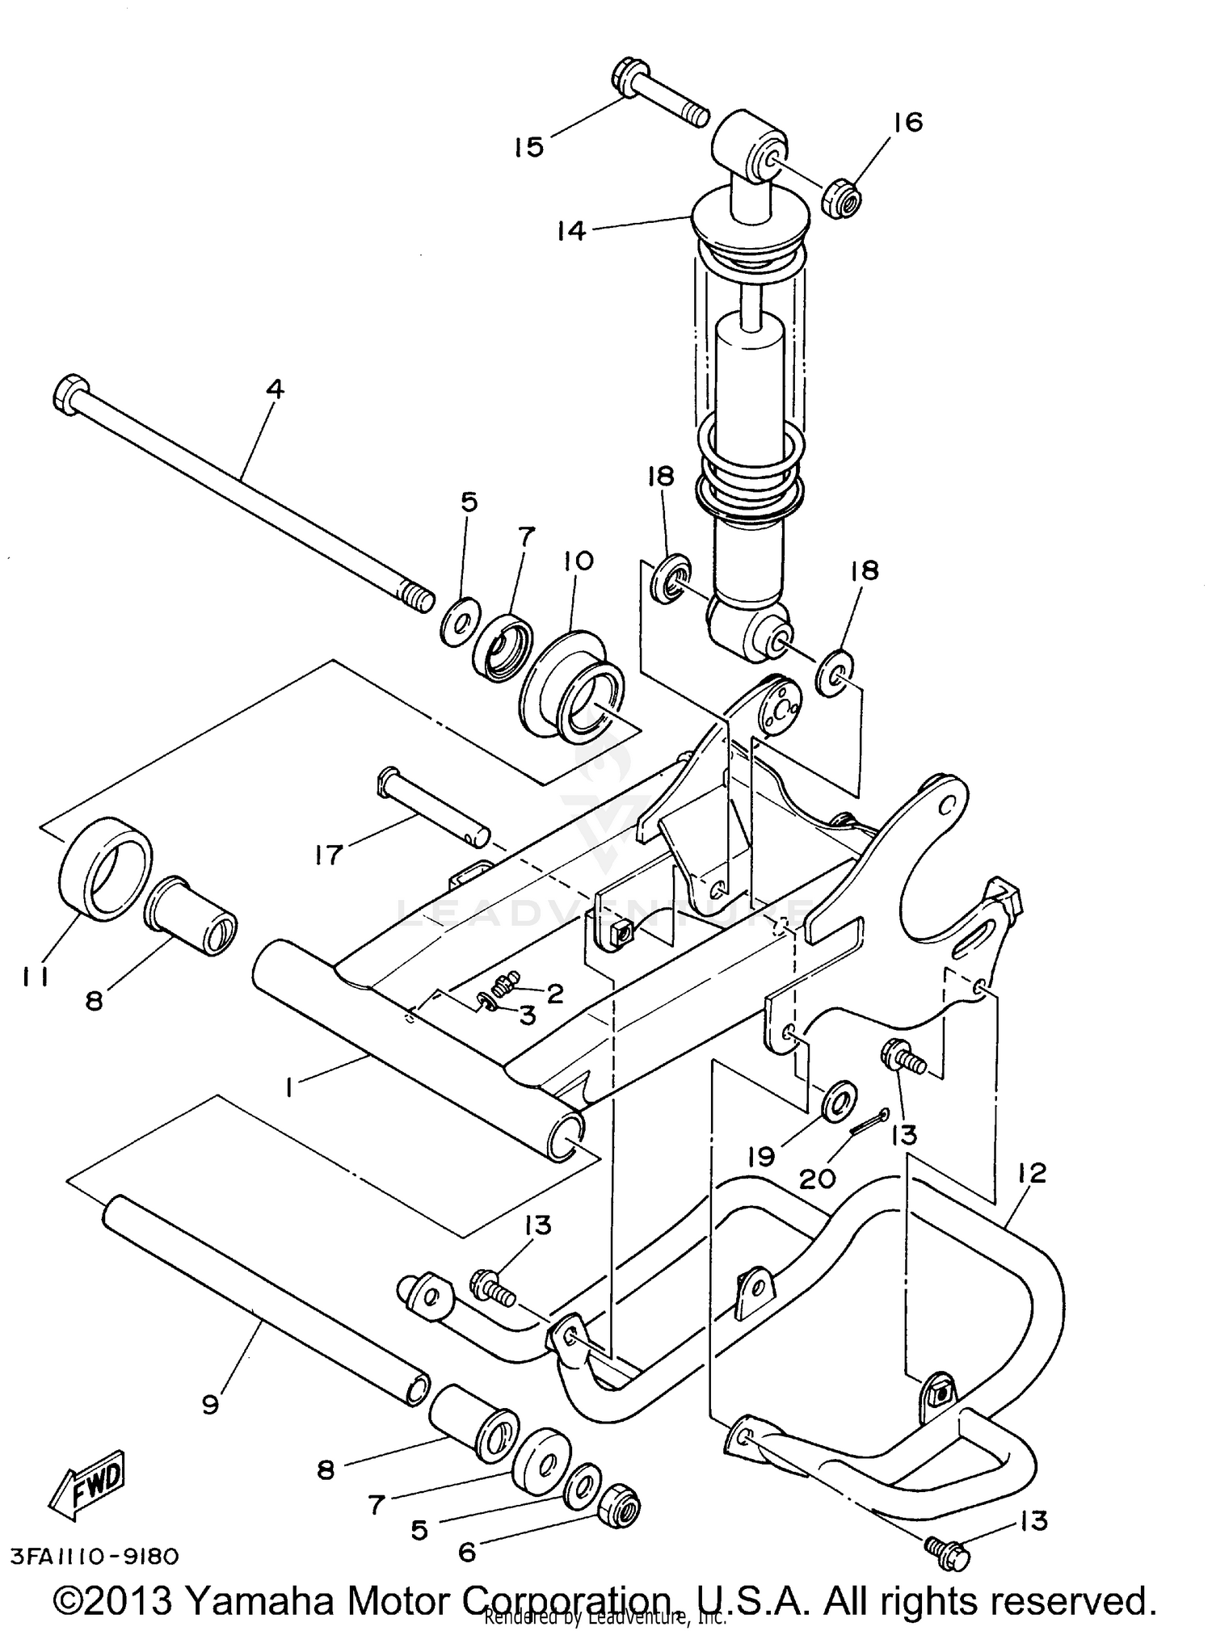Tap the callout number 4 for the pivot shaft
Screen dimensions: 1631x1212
[275, 389]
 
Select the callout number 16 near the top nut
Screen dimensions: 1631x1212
[907, 122]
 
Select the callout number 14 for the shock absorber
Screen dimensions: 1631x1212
[570, 230]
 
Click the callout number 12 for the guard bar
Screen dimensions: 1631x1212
[1033, 1172]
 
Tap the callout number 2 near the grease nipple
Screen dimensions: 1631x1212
[554, 994]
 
